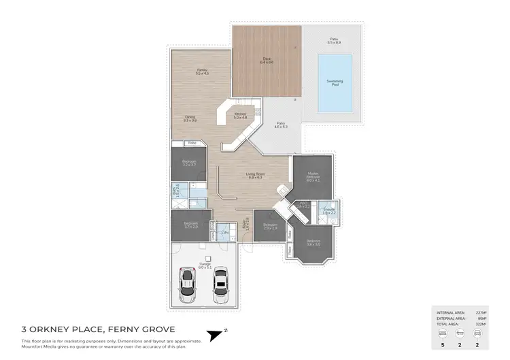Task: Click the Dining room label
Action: click(190, 118)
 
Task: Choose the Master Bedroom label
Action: click(313, 178)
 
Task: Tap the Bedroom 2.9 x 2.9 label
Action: click(270, 226)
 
